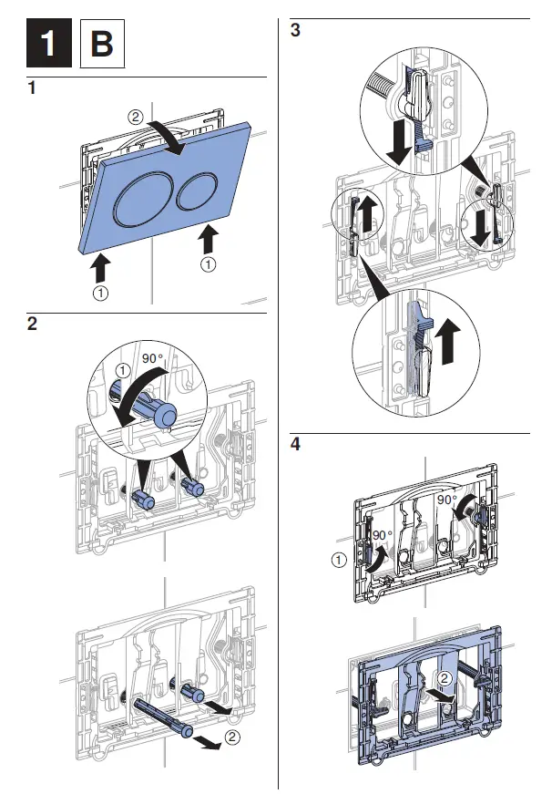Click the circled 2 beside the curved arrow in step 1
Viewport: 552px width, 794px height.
[x=135, y=118]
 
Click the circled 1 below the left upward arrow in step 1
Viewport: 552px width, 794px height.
[x=101, y=294]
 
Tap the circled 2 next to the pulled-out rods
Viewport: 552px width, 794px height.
[x=233, y=737]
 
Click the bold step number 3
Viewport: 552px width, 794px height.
[x=294, y=30]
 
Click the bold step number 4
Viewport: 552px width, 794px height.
[x=294, y=445]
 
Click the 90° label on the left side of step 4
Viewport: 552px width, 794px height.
[x=381, y=533]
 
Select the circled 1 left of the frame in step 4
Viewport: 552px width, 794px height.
[x=338, y=560]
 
